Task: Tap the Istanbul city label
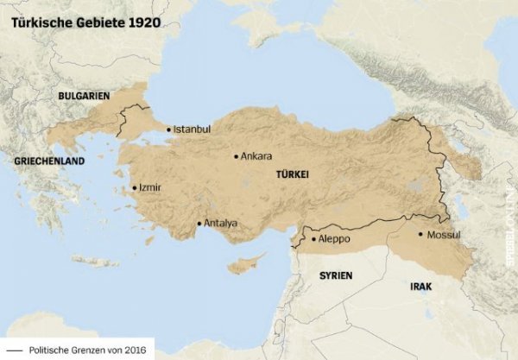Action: (192, 129)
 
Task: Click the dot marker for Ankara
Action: (236, 156)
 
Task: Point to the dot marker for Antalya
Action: (199, 224)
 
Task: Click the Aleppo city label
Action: (335, 238)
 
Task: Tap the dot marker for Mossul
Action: (420, 234)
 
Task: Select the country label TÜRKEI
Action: (292, 174)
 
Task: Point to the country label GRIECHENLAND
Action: (49, 161)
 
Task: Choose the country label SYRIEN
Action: (336, 275)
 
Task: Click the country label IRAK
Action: (421, 285)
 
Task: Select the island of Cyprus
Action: (245, 262)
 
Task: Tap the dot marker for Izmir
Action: (134, 187)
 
